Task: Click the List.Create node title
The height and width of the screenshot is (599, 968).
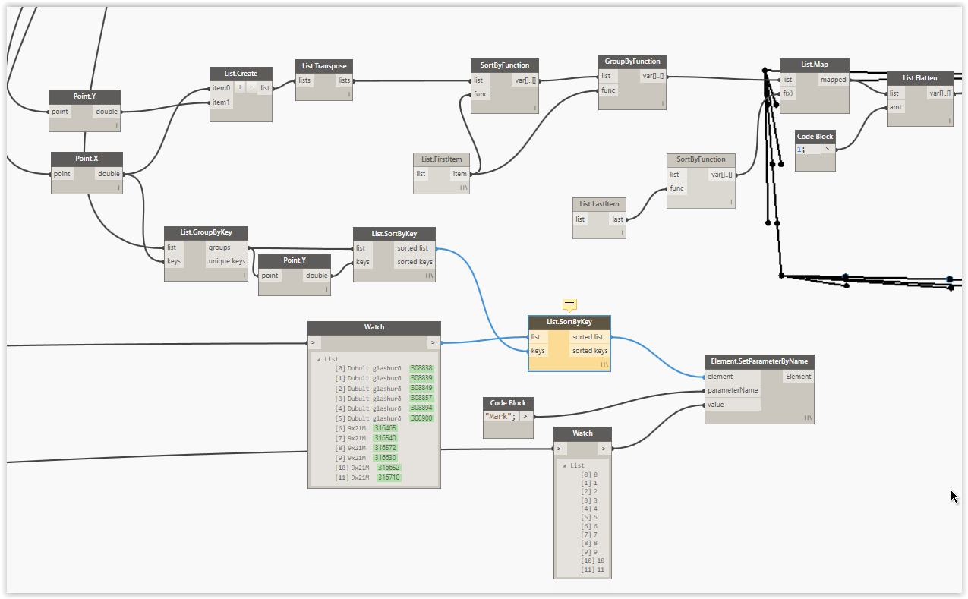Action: tap(241, 74)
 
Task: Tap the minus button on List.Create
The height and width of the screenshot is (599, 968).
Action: tap(251, 88)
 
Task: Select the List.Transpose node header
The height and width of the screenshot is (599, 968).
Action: tap(324, 66)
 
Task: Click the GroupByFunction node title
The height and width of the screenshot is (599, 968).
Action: tap(632, 61)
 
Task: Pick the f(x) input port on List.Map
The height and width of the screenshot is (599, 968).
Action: tap(788, 93)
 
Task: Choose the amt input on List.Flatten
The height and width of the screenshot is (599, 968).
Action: tap(896, 107)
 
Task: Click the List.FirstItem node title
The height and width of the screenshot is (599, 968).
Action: tap(441, 159)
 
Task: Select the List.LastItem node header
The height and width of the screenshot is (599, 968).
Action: tap(599, 204)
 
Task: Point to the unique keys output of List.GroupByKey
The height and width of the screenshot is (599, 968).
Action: tap(226, 262)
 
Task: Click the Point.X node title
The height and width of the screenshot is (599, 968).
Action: tap(86, 159)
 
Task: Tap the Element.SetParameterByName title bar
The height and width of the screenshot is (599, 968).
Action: tap(758, 361)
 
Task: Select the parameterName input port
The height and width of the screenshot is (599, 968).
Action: tap(732, 390)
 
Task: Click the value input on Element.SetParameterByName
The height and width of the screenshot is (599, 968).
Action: tap(715, 405)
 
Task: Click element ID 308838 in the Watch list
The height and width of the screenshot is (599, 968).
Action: tap(421, 368)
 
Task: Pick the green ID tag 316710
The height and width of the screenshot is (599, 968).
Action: tap(389, 478)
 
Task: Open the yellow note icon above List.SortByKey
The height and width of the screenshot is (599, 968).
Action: tap(569, 304)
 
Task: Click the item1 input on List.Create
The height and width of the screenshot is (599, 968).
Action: tap(220, 102)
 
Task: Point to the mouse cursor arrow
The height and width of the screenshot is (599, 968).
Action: tap(954, 497)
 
